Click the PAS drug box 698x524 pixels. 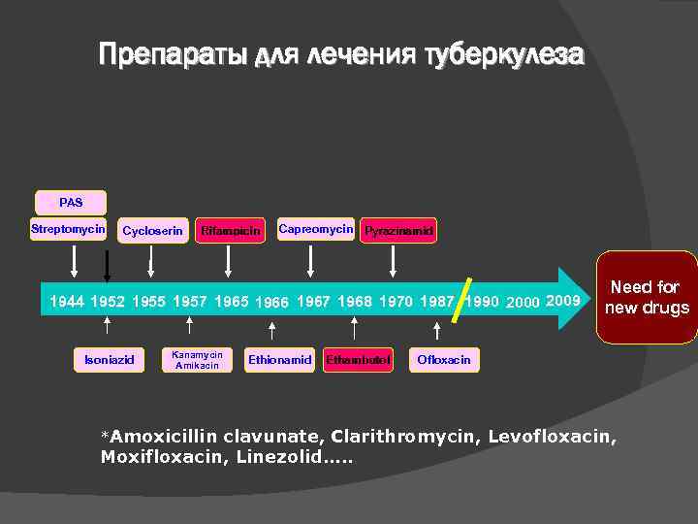pyautogui.click(x=71, y=203)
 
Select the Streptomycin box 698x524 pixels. pyautogui.click(x=68, y=230)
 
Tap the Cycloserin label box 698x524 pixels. pyautogui.click(x=152, y=231)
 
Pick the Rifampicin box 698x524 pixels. pyautogui.click(x=230, y=231)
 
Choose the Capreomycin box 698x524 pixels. pyautogui.click(x=316, y=230)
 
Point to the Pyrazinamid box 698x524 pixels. pyautogui.click(x=398, y=231)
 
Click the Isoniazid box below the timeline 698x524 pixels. pyautogui.click(x=109, y=360)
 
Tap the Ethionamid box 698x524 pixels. pyautogui.click(x=279, y=360)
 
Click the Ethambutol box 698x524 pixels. pyautogui.click(x=358, y=360)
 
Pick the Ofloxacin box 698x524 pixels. pyautogui.click(x=444, y=360)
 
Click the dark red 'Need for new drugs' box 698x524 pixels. pyautogui.click(x=647, y=298)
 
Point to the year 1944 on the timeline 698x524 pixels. pyautogui.click(x=67, y=302)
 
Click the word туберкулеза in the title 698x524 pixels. pyautogui.click(x=504, y=55)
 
